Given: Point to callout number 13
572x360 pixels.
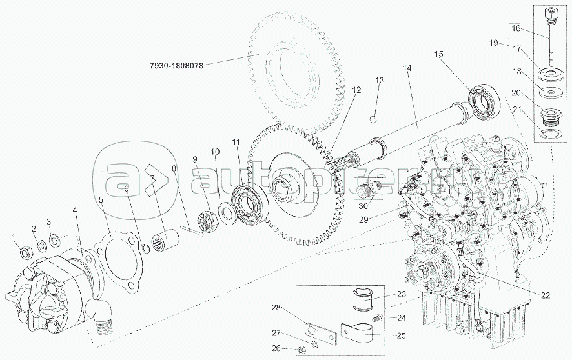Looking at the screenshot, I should tap(380, 81).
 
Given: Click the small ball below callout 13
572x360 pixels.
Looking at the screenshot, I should tap(373, 119).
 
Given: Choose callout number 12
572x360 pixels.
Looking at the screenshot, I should tap(356, 91).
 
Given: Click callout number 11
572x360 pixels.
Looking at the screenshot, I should tap(236, 141).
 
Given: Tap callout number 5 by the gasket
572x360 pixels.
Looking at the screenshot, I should tap(101, 200).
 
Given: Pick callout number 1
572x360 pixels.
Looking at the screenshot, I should tap(15, 239).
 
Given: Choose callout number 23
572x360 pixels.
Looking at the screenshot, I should tap(401, 294).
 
